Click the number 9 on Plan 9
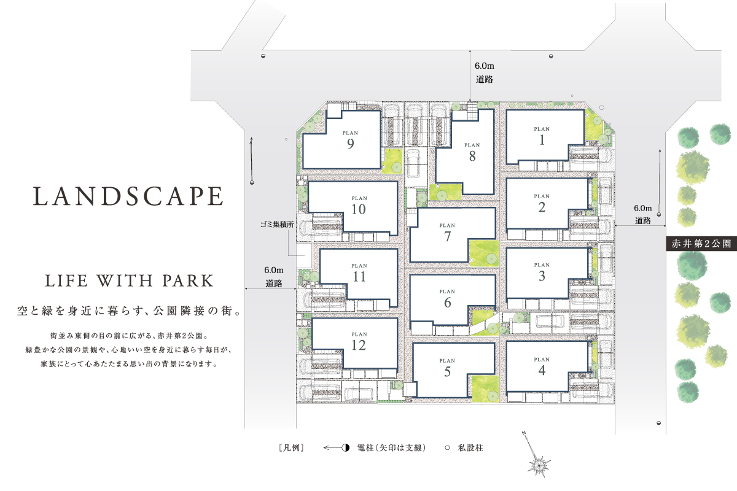pyautogui.click(x=351, y=144)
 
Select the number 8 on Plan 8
pyautogui.click(x=472, y=157)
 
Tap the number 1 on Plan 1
pyautogui.click(x=542, y=140)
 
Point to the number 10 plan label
pyautogui.click(x=359, y=209)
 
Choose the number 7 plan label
pyautogui.click(x=448, y=236)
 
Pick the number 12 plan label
pyautogui.click(x=359, y=346)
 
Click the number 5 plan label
pyautogui.click(x=448, y=371)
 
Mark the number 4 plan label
pyautogui.click(x=542, y=371)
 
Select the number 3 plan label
pyautogui.click(x=542, y=276)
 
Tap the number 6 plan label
pyautogui.click(x=448, y=303)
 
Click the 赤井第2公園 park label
pyautogui.click(x=701, y=244)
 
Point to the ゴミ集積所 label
pyautogui.click(x=277, y=225)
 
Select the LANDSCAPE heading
pyautogui.click(x=128, y=196)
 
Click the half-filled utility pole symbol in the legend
pyautogui.click(x=345, y=447)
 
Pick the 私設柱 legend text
pyautogui.click(x=470, y=448)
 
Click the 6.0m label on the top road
pyautogui.click(x=485, y=66)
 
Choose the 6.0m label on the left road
pyautogui.click(x=274, y=270)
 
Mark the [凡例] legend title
pyautogui.click(x=292, y=448)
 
